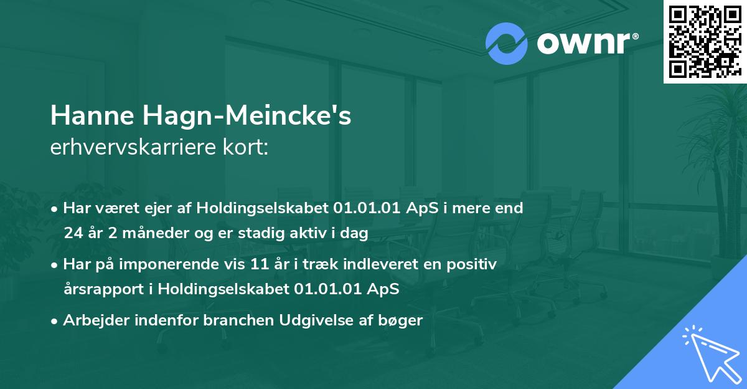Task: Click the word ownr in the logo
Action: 583,44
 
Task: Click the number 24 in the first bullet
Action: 73,234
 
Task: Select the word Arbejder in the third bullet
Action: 90,320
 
